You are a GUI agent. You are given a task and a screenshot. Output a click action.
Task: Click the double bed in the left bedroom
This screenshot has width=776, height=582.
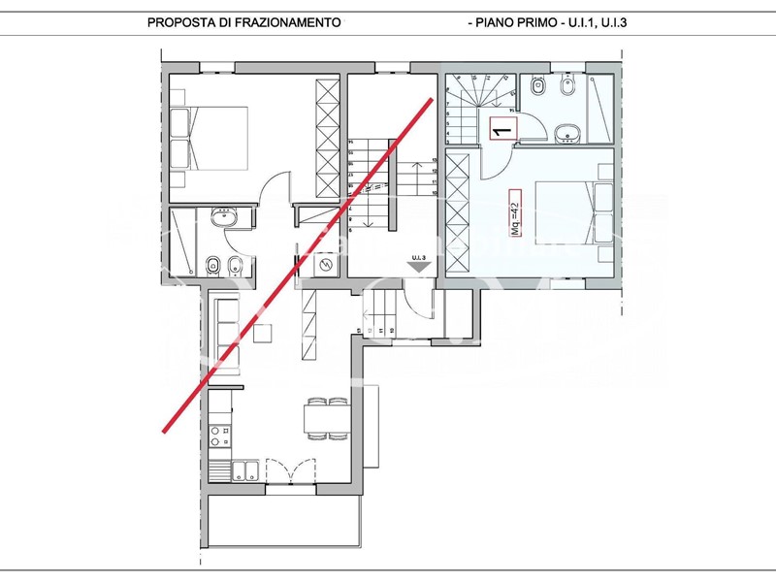(x=210, y=137)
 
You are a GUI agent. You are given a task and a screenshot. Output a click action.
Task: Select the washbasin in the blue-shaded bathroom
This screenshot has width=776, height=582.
(x=569, y=133)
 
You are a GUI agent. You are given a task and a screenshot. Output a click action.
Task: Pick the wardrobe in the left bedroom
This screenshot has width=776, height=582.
(x=328, y=137)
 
